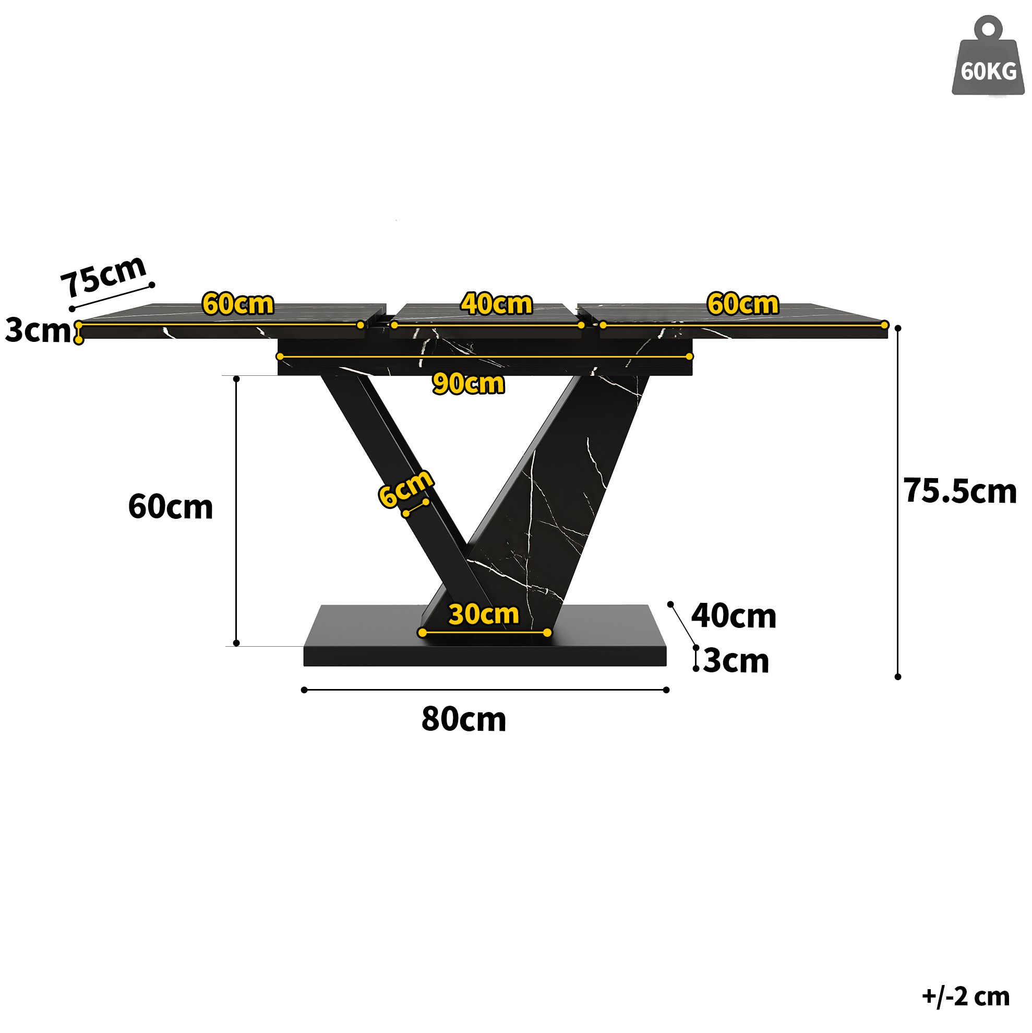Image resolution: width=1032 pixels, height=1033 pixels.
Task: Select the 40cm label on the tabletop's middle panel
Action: (x=497, y=304)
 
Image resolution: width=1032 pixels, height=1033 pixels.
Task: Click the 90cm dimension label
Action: (x=468, y=383)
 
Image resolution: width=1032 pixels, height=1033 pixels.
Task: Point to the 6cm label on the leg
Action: (x=405, y=488)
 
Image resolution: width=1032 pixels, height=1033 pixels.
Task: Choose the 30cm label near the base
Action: (x=484, y=614)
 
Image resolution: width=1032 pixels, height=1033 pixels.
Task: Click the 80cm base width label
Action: (x=463, y=719)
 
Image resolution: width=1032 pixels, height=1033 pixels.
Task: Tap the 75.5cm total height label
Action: (x=960, y=491)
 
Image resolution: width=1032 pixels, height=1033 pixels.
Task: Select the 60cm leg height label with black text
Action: (x=171, y=506)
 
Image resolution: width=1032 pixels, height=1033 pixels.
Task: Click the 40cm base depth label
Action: (x=733, y=616)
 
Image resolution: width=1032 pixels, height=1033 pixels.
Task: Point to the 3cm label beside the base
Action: (x=736, y=661)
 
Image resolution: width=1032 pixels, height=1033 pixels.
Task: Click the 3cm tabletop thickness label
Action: (x=38, y=330)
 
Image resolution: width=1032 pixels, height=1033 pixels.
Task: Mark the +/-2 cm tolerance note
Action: (x=966, y=996)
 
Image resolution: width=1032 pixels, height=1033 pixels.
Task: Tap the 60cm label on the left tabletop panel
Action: (x=238, y=304)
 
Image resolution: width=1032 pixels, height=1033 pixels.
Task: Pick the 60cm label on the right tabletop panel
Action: (x=742, y=304)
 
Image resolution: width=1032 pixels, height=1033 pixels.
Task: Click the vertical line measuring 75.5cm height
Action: (x=898, y=503)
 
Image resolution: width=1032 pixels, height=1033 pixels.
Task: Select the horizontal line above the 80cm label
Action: (x=485, y=690)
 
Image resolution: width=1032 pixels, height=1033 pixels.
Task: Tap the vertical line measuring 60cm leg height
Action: (x=236, y=510)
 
